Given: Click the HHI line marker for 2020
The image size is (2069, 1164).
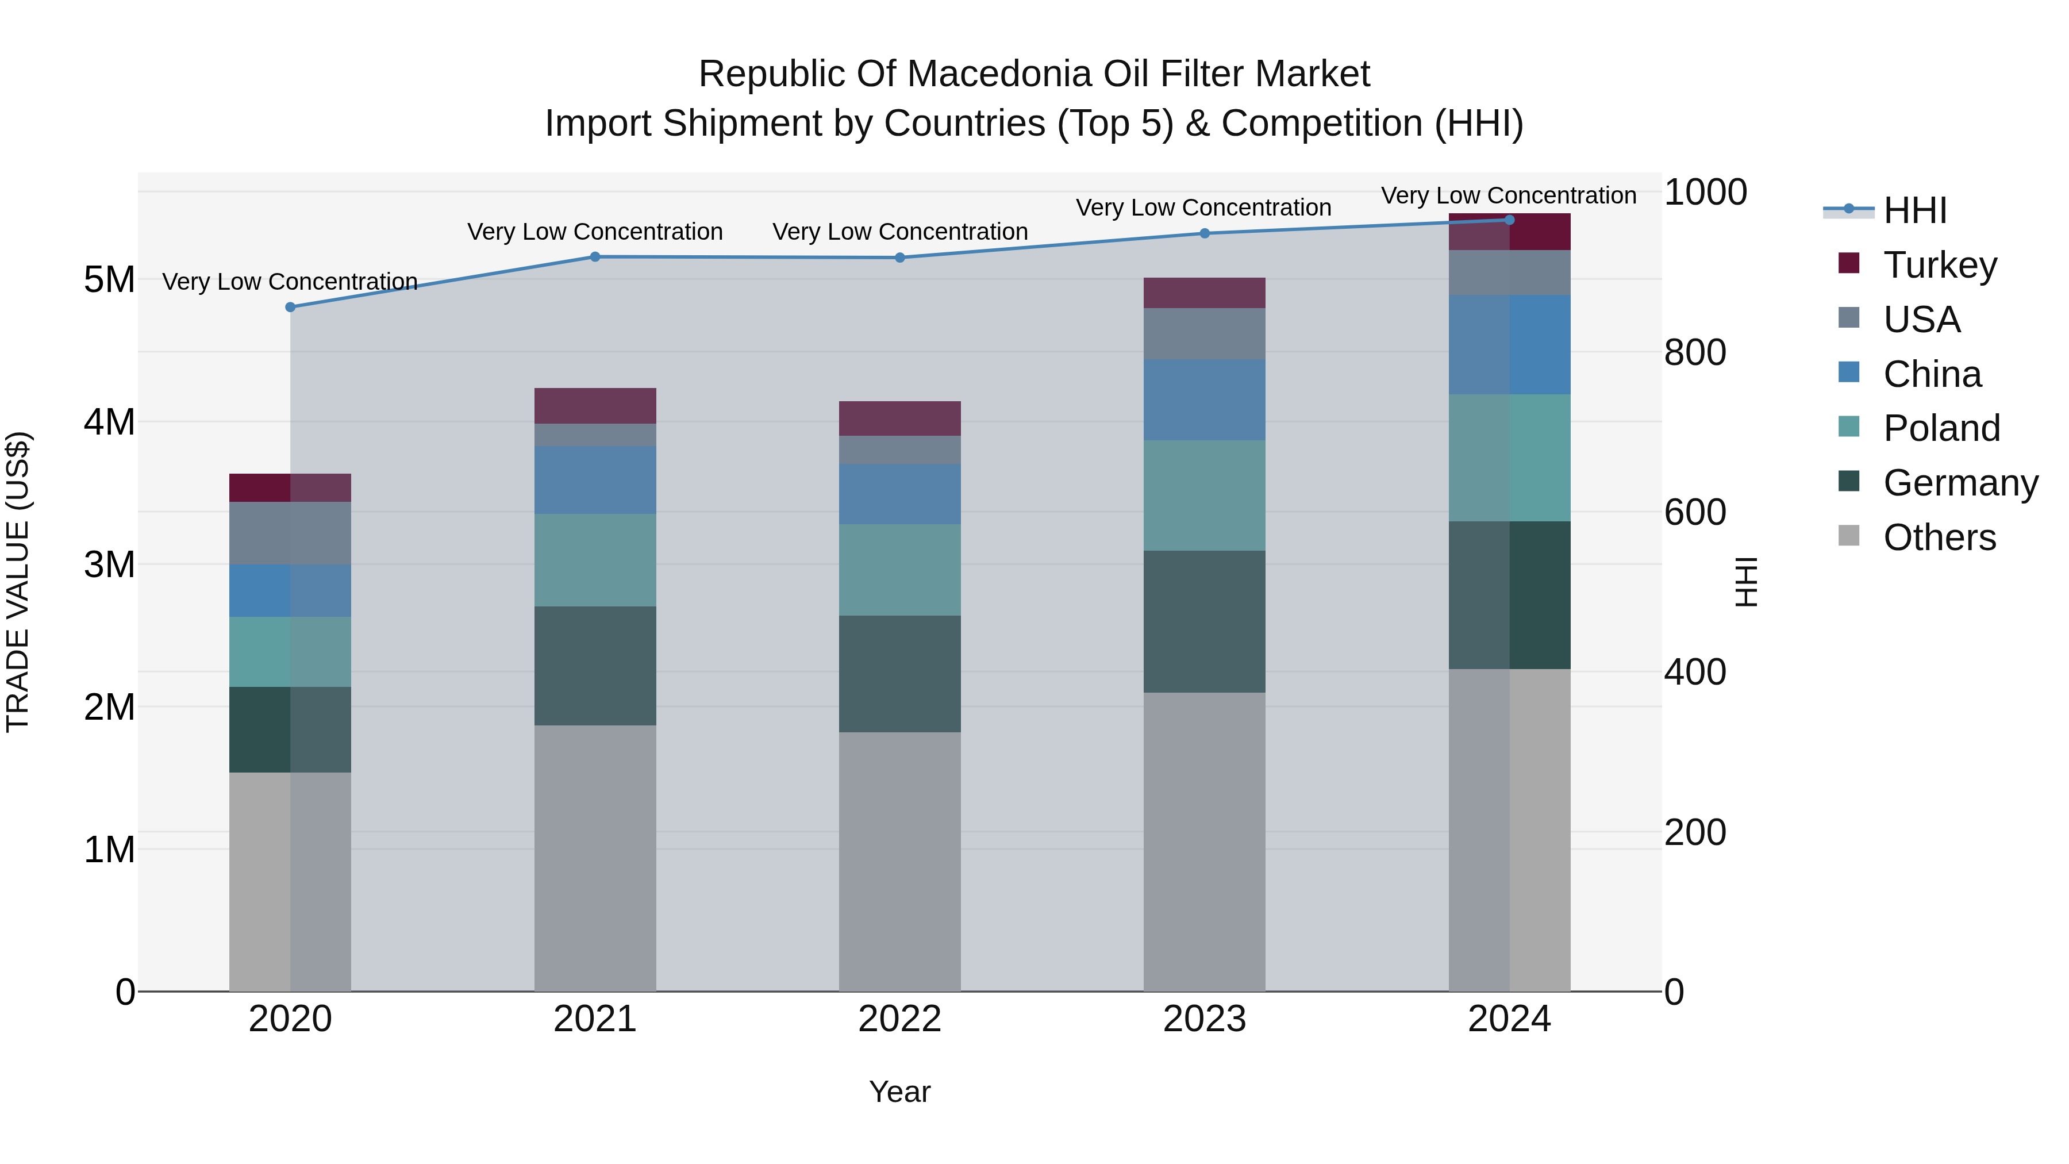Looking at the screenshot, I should (291, 307).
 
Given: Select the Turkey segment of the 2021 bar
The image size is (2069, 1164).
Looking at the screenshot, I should (595, 406).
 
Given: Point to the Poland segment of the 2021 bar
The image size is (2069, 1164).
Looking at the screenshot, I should (595, 560).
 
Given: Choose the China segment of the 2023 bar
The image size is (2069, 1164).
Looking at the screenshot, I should (1204, 399).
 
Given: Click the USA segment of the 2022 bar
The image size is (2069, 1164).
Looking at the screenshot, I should (899, 450).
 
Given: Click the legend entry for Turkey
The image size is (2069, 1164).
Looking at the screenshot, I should (1939, 265).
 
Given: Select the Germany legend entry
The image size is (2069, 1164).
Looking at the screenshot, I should (1960, 483).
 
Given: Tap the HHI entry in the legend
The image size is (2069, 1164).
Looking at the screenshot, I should (1914, 210).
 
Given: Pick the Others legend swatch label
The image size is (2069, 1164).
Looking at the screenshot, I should (1939, 537).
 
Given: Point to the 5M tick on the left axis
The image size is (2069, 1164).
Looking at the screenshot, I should (109, 281).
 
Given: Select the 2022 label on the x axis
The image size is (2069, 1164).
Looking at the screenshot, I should (899, 1019).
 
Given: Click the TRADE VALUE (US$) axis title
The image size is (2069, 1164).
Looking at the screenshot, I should (18, 582).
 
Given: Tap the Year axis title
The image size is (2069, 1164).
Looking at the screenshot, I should (899, 1092).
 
